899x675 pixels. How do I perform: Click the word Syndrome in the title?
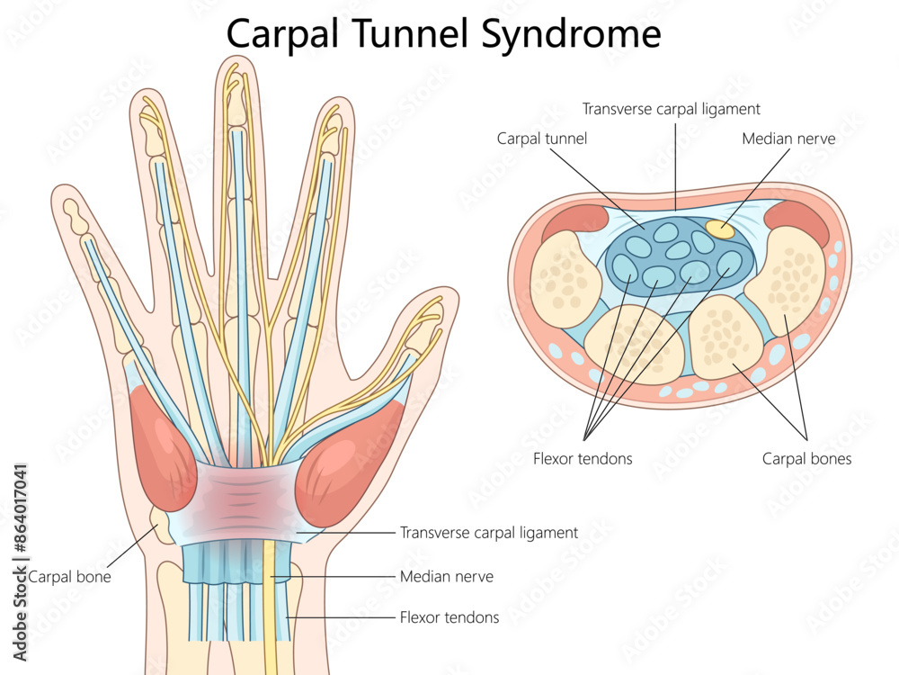571,33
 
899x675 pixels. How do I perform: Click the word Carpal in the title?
278,33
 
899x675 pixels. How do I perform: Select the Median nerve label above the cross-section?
788,139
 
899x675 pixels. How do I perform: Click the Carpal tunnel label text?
541,139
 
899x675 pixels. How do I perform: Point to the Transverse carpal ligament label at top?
671,109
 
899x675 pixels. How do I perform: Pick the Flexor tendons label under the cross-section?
583,458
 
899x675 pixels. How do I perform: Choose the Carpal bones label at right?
806,458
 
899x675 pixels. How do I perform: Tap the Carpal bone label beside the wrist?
70,576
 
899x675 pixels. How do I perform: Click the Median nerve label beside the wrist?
446,576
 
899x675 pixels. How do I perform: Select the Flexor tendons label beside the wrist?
449,617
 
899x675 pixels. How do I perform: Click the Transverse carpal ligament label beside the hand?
488,533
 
